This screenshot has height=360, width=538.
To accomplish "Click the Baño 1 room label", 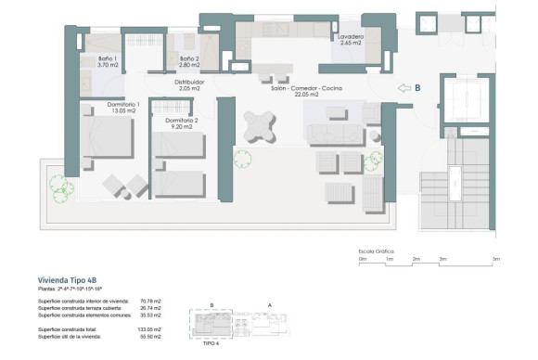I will click(109, 62).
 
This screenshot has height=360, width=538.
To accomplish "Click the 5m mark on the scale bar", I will click(496, 260).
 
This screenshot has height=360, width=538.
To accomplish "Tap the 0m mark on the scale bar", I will click(350, 260).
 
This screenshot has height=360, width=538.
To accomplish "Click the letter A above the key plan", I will click(269, 305).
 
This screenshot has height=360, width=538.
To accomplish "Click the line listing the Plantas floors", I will click(82, 290).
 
